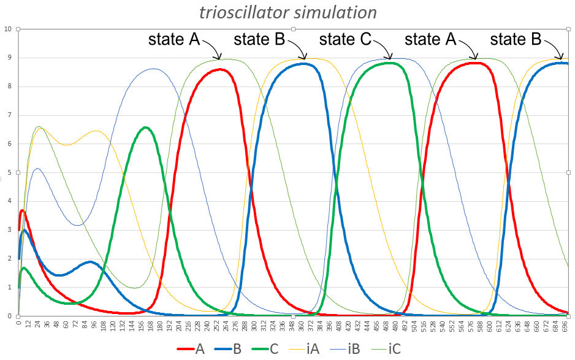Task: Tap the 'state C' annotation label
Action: coord(345,40)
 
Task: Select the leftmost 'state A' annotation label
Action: coord(174,40)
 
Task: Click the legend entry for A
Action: coord(191,349)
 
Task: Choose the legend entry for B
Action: coord(230,349)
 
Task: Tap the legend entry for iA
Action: coord(305,349)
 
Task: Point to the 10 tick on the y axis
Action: coord(7,29)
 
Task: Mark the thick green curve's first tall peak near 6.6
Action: coord(145,128)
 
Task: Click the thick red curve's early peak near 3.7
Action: coord(23,210)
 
